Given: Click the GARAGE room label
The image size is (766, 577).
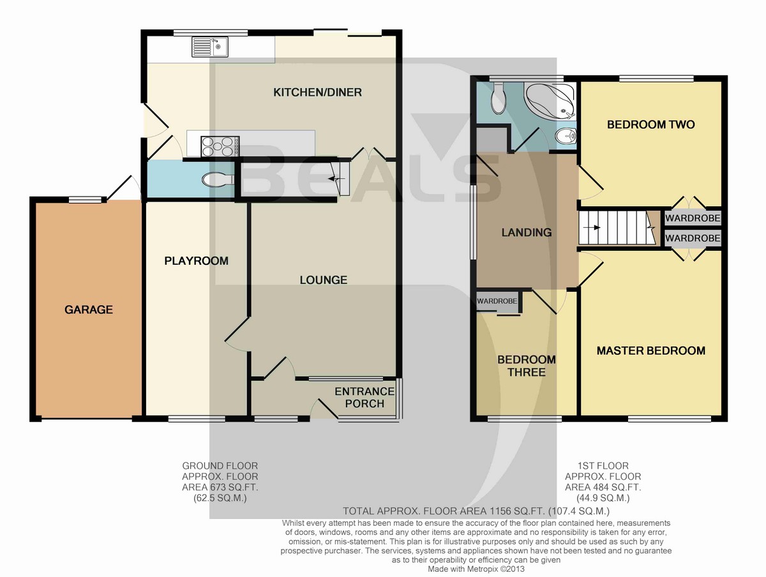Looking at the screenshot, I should pyautogui.click(x=88, y=310).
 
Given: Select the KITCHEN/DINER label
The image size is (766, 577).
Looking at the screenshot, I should pyautogui.click(x=317, y=93).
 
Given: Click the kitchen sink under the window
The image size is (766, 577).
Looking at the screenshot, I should pyautogui.click(x=209, y=47).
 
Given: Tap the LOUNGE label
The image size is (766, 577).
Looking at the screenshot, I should pyautogui.click(x=324, y=280).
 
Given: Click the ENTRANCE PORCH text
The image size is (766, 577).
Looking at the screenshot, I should pyautogui.click(x=364, y=397).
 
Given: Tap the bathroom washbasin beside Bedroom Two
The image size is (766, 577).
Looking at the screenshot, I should pyautogui.click(x=564, y=137).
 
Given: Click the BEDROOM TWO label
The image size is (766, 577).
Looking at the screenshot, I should pyautogui.click(x=650, y=124).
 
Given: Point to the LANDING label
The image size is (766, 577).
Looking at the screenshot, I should pyautogui.click(x=526, y=232).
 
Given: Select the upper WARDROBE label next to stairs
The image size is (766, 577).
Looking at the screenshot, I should pyautogui.click(x=693, y=218).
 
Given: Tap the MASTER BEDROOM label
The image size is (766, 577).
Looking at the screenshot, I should pyautogui.click(x=650, y=350).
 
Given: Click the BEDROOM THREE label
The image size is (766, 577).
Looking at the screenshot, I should pyautogui.click(x=527, y=366).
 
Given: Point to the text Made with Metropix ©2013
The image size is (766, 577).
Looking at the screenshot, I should pyautogui.click(x=476, y=569).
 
